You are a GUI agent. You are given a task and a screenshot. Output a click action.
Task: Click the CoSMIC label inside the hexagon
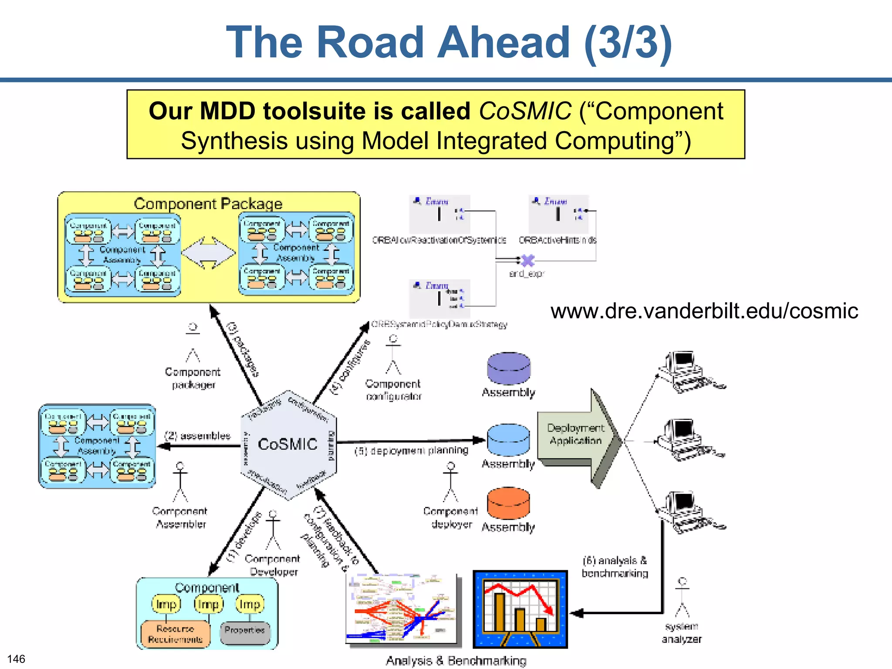point(287,444)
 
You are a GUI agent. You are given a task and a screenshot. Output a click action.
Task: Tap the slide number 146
point(16,659)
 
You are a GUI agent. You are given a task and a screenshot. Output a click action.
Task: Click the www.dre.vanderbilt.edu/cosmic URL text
point(704,311)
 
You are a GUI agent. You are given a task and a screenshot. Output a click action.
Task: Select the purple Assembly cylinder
point(508,368)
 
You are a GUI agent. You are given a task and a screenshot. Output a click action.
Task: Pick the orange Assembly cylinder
point(508,503)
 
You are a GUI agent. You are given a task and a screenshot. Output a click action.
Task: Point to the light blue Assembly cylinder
point(508,440)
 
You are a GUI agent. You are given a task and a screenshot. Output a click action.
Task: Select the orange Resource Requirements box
point(175,634)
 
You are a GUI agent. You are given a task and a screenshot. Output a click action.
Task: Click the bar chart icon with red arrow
point(520,609)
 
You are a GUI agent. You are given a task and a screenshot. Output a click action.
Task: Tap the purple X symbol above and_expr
point(528,260)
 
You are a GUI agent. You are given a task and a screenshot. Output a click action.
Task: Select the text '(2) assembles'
point(197,436)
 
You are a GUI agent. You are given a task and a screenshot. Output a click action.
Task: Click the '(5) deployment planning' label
point(411,450)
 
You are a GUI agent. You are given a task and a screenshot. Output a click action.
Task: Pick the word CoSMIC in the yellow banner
point(524,111)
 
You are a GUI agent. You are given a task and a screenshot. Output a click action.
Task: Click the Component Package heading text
point(208,203)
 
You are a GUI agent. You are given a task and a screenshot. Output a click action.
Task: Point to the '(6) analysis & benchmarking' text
point(615,567)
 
